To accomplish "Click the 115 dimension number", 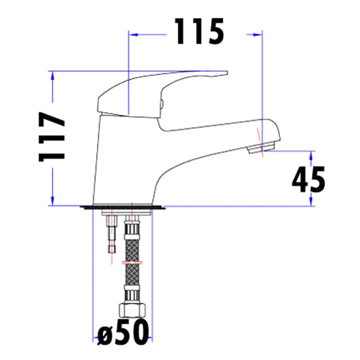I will click(199, 32).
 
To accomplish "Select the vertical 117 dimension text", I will click(52, 137).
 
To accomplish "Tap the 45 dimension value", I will click(308, 179).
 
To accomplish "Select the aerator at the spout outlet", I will click(262, 148).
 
